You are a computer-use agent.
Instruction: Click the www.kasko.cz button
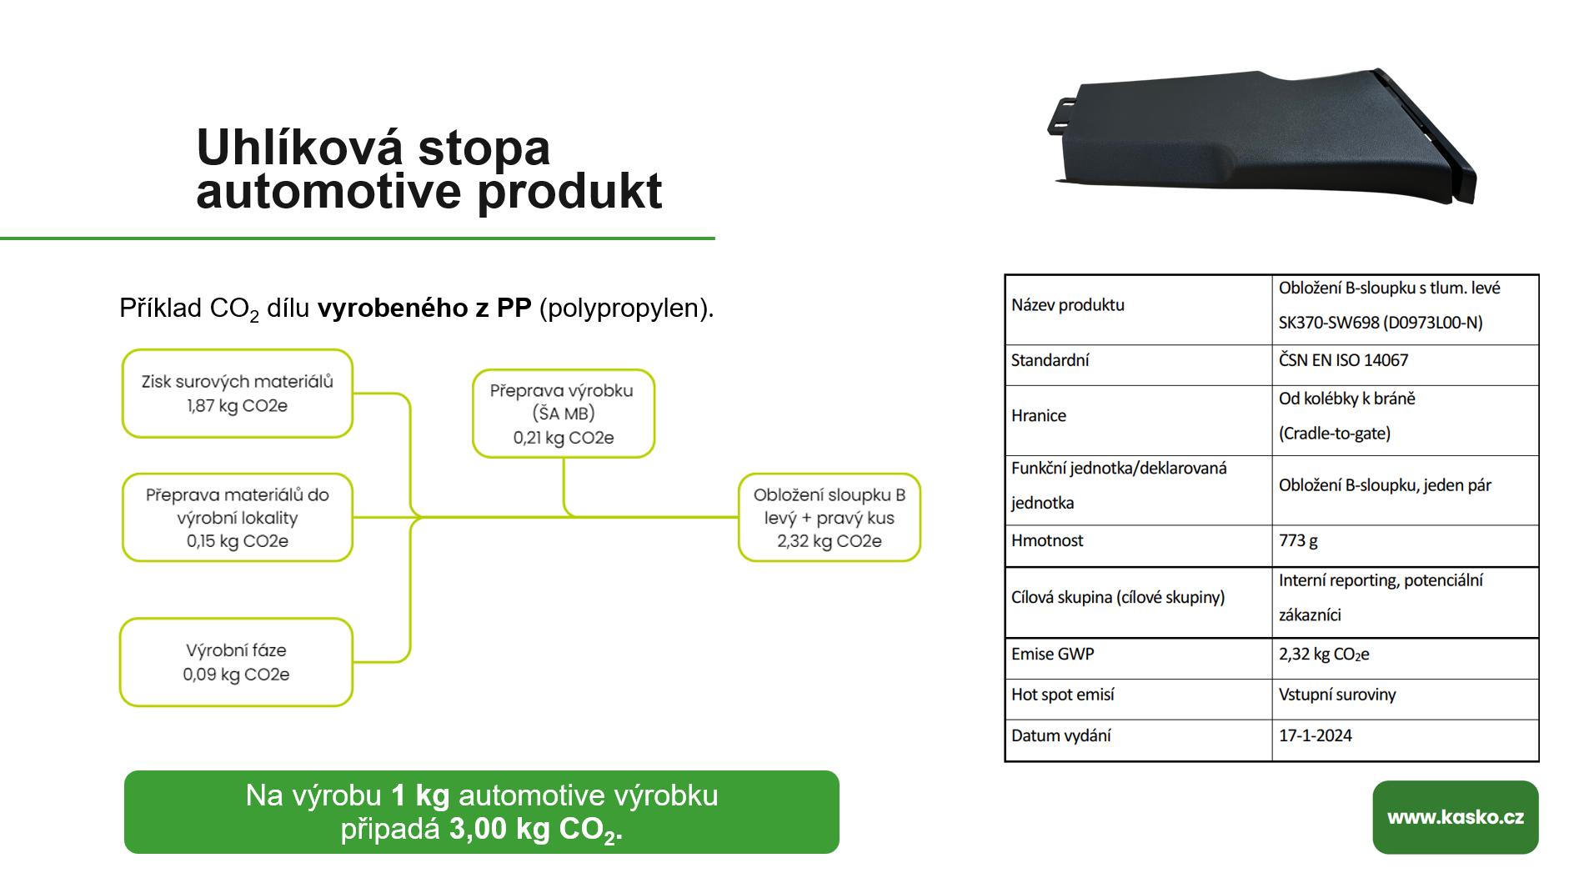(x=1455, y=816)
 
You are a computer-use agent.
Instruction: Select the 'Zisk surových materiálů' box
(x=238, y=394)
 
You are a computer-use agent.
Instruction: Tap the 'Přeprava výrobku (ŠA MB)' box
(x=564, y=414)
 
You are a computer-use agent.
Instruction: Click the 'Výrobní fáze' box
(x=237, y=662)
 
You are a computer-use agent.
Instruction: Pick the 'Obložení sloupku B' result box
(x=830, y=518)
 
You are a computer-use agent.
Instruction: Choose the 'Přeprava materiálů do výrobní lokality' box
(x=238, y=518)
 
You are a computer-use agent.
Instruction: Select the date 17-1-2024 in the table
(x=1316, y=735)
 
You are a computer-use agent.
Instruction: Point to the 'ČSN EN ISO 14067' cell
(x=1343, y=360)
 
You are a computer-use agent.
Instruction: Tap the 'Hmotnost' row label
(x=1047, y=540)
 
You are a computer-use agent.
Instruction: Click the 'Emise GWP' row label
(x=1052, y=654)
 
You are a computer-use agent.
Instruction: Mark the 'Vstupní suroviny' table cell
(x=1337, y=695)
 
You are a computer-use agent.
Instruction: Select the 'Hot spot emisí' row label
(x=1062, y=695)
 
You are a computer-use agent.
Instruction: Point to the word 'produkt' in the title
(x=570, y=192)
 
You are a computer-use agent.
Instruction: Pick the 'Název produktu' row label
(x=1068, y=305)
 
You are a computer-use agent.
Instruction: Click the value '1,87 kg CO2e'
(x=237, y=406)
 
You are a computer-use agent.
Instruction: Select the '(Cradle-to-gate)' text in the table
(x=1335, y=434)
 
